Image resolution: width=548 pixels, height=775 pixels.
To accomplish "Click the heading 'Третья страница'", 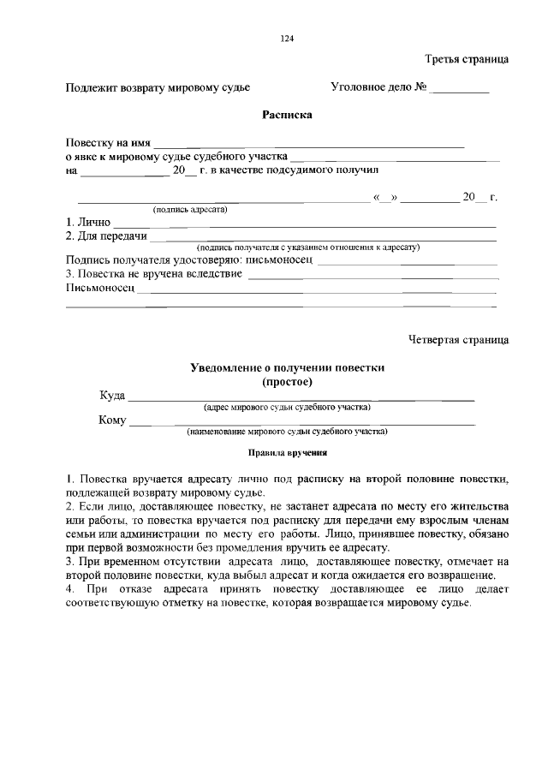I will click(x=467, y=59).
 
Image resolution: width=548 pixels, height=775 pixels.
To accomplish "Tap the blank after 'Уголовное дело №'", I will click(x=459, y=88).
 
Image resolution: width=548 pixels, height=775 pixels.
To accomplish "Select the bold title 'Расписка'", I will click(x=287, y=115).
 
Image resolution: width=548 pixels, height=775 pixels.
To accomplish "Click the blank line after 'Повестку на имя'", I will click(x=308, y=144).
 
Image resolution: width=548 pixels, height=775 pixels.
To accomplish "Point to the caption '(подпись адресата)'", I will click(x=189, y=210).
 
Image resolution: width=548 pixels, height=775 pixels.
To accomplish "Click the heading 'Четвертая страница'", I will click(x=458, y=340).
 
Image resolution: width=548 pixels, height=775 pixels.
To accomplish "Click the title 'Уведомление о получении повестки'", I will click(x=287, y=367).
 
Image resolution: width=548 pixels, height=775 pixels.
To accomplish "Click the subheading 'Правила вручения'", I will click(x=287, y=454).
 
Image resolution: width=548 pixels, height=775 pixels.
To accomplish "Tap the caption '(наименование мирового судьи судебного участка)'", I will click(x=287, y=432).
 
